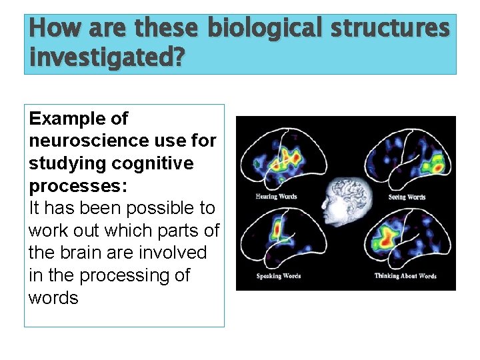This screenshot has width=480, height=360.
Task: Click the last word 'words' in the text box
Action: click(53, 298)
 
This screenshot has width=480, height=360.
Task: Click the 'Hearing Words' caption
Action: click(276, 197)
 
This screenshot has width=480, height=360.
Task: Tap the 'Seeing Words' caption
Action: click(407, 197)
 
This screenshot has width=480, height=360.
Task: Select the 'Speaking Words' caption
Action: click(279, 276)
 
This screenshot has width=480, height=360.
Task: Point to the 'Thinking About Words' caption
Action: click(406, 276)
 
